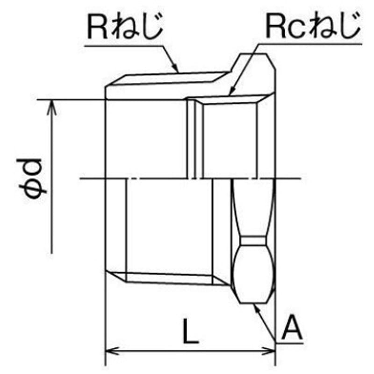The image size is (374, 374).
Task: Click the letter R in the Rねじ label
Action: [97, 27]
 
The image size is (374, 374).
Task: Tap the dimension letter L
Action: [190, 331]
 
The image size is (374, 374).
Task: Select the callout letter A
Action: [292, 328]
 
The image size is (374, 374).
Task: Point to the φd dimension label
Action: [32, 178]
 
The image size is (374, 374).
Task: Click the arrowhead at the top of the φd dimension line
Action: [51, 107]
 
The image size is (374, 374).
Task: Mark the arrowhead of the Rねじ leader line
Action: [176, 67]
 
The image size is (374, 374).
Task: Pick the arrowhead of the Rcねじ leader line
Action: [231, 90]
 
